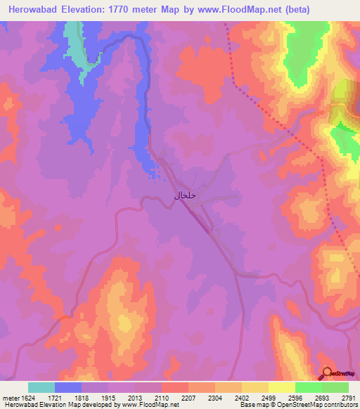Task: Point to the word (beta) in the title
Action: pyautogui.click(x=304, y=9)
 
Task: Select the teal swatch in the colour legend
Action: pyautogui.click(x=41, y=387)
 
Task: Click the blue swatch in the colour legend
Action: pyautogui.click(x=68, y=387)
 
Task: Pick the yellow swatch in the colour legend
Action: pyautogui.click(x=255, y=387)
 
